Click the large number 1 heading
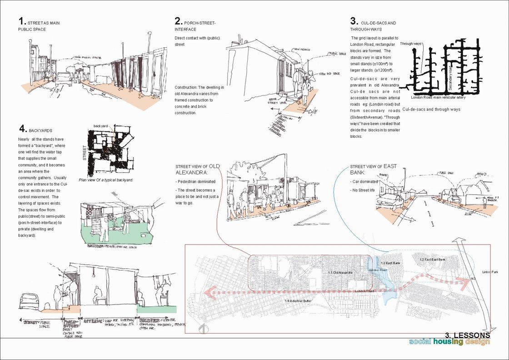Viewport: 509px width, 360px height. click(21, 21)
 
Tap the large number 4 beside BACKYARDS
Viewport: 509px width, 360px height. click(22, 129)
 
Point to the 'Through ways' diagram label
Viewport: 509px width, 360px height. click(411, 44)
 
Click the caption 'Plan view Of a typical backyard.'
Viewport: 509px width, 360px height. click(106, 180)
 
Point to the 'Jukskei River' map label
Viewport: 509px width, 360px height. click(377, 270)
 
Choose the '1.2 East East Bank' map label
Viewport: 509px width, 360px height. click(433, 259)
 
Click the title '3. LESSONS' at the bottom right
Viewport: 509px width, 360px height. click(468, 335)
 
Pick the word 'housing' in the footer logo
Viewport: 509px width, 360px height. click(448, 342)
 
